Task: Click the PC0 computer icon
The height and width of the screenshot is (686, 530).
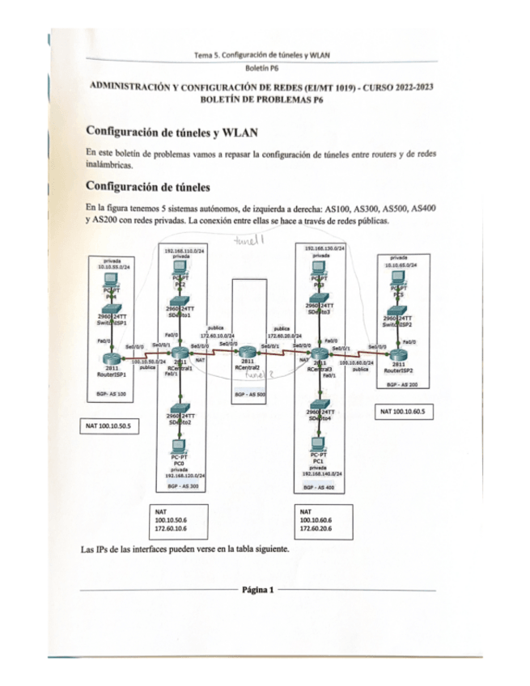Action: (x=179, y=447)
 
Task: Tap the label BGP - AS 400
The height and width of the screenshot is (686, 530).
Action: (x=320, y=489)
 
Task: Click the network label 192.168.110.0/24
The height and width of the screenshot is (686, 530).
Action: (x=181, y=252)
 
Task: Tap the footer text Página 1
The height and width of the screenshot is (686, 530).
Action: (x=258, y=590)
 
